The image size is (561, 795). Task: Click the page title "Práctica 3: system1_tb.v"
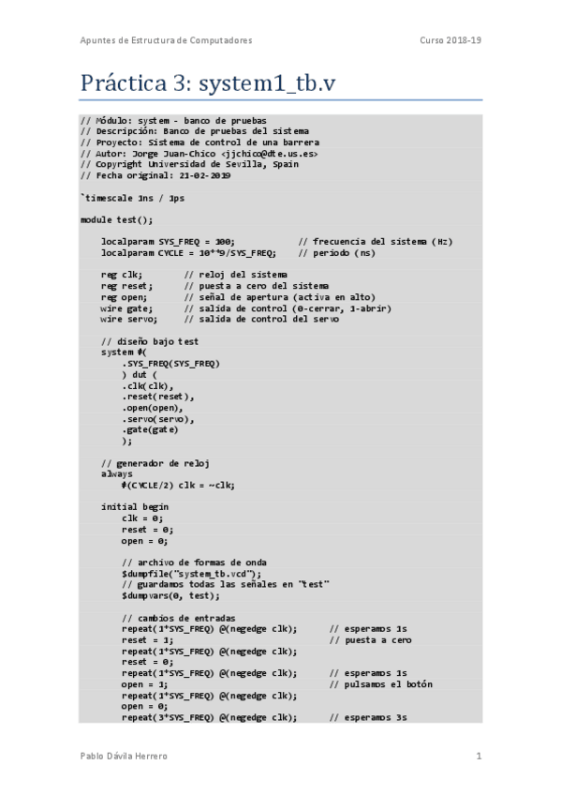[207, 83]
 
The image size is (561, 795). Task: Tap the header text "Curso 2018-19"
[451, 40]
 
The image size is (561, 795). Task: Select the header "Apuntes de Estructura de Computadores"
[166, 40]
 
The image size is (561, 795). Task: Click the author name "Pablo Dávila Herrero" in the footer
[125, 756]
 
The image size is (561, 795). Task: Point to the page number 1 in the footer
[479, 756]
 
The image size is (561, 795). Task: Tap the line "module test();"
[116, 218]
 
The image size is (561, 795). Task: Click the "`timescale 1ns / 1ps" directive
[132, 197]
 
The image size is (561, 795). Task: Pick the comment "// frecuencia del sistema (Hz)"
[376, 241]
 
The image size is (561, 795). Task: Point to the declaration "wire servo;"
[128, 319]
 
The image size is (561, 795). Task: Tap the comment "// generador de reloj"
[155, 463]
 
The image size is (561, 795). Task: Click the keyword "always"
[117, 474]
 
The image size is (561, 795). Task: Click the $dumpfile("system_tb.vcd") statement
[192, 574]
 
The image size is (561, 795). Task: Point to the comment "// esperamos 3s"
[368, 717]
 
